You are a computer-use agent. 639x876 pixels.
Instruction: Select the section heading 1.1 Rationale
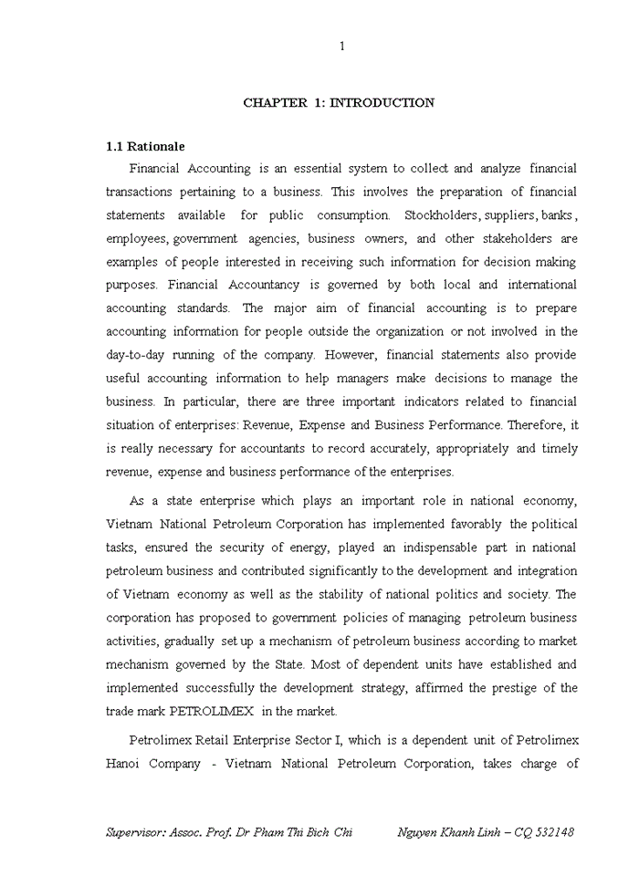[145, 146]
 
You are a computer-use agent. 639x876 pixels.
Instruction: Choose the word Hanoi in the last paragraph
[126, 764]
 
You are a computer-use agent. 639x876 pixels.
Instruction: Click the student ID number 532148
[550, 832]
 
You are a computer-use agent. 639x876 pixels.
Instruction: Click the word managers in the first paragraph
[342, 379]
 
